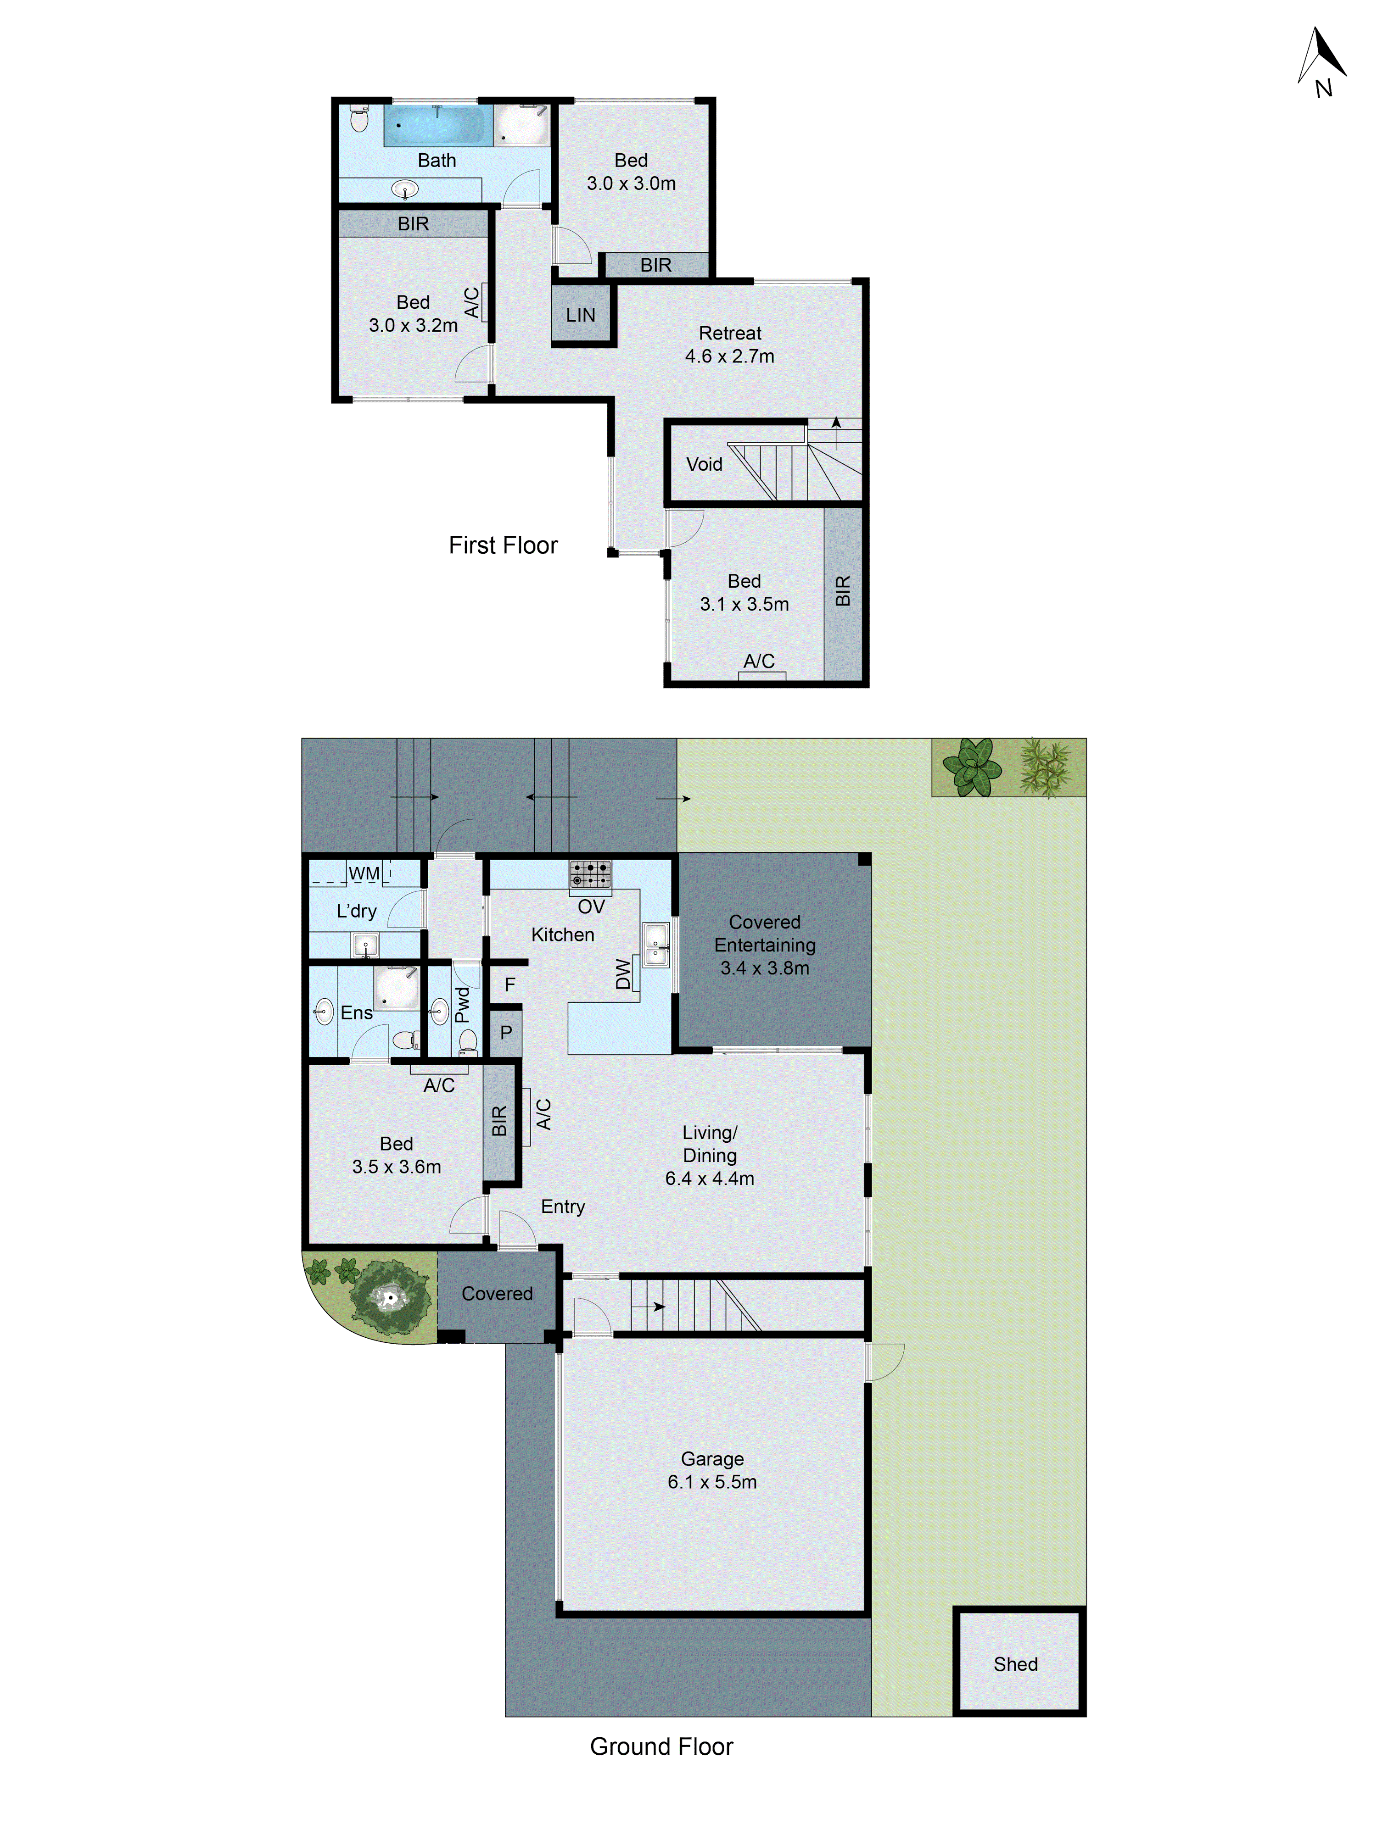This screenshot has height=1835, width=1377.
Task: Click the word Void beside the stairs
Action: [x=704, y=464]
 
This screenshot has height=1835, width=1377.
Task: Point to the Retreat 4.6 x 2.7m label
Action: [x=730, y=344]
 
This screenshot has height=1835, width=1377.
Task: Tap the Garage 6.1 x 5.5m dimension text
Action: [x=712, y=1482]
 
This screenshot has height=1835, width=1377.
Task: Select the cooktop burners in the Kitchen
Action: [x=590, y=873]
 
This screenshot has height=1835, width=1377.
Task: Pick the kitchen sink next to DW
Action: [x=656, y=944]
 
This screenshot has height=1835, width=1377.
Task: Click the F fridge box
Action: [x=509, y=984]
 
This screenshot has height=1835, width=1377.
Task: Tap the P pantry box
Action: [x=505, y=1032]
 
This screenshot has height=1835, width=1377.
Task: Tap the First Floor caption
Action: [x=503, y=545]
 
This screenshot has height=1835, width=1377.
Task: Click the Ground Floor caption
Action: [x=661, y=1746]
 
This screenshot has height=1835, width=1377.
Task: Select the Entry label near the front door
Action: [x=563, y=1206]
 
